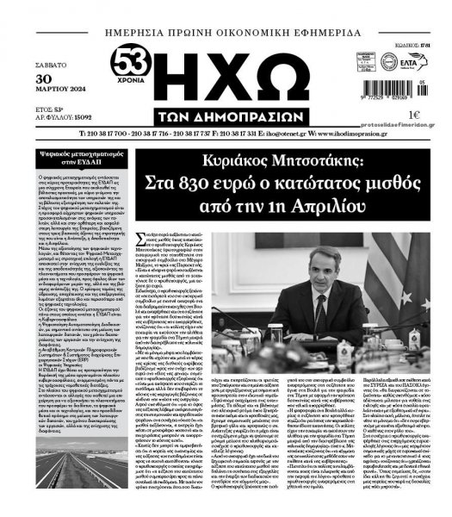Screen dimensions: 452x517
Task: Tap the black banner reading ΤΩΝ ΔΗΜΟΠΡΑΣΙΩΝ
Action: point(225,116)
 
